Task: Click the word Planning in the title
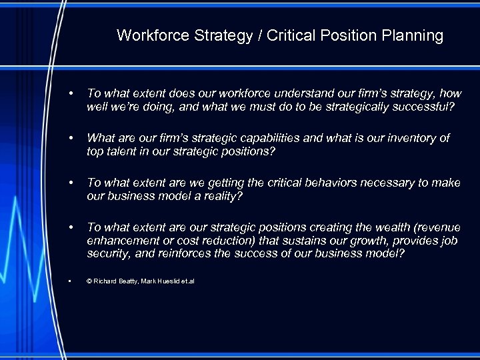coord(415,36)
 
